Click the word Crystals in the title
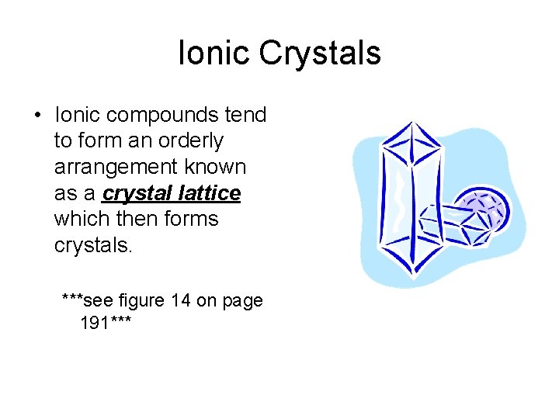(x=320, y=54)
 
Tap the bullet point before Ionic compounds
(x=36, y=116)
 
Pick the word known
(x=215, y=167)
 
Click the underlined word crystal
(x=137, y=193)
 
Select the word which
(x=80, y=219)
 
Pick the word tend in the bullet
(x=246, y=116)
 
